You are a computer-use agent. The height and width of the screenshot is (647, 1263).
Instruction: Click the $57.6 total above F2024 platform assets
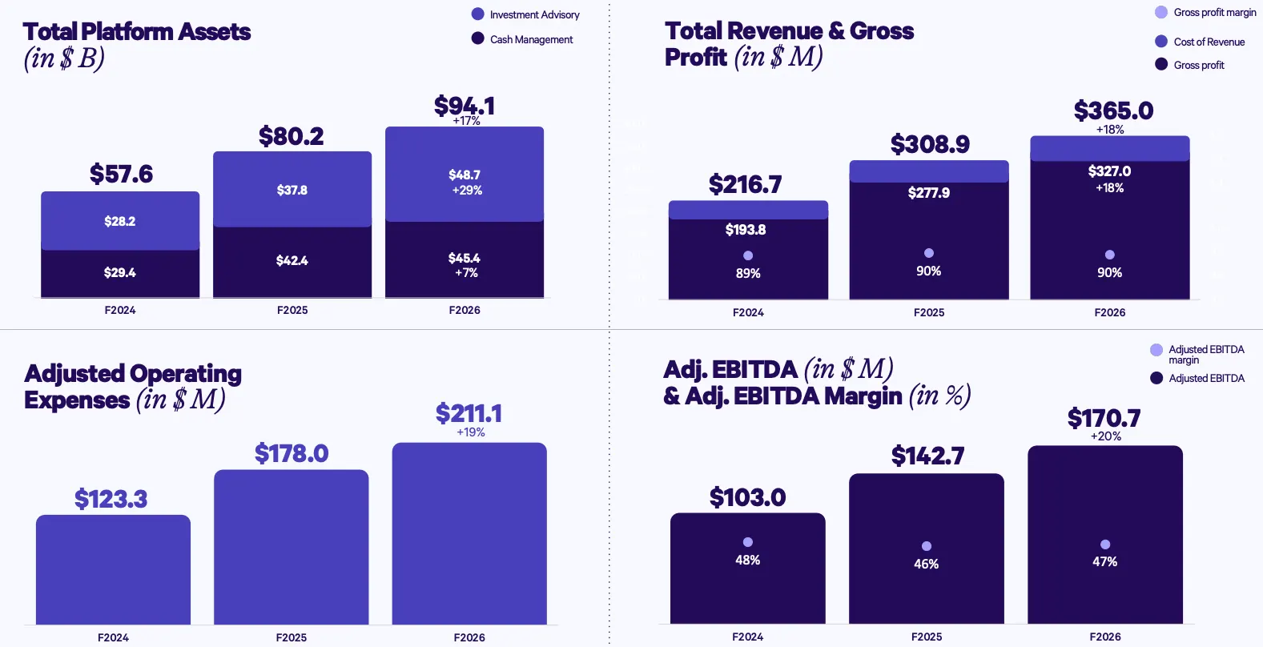121,174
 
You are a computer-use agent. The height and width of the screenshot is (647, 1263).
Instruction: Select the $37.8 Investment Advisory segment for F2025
292,190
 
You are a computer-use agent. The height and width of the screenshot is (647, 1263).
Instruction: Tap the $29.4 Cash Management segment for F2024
120,272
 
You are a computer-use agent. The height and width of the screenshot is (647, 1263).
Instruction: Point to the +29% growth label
467,191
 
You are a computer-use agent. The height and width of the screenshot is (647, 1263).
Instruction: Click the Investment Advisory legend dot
478,14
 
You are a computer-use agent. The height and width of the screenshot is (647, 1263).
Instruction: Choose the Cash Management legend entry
531,39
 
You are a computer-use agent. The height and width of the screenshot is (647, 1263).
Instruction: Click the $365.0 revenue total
1113,111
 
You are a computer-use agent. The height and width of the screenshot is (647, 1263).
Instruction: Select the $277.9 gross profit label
929,193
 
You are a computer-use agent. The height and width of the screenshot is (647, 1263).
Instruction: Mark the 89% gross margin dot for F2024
748,255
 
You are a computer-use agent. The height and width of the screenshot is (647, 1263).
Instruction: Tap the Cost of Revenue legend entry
1209,42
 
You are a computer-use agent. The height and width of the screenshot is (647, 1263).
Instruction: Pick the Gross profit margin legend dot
1161,12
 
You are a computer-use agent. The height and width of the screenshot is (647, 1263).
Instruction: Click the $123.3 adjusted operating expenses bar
113,569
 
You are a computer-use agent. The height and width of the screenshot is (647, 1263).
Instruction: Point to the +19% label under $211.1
471,432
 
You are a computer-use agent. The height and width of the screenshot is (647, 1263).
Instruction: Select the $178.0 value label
292,454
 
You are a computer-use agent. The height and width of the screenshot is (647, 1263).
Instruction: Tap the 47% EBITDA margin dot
1105,545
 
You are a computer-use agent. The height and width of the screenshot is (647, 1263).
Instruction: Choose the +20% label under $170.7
1106,436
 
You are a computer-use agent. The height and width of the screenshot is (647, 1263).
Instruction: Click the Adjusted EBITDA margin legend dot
1156,350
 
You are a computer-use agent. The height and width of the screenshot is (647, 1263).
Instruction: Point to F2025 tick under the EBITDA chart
927,637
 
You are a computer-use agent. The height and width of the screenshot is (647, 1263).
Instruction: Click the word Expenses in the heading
77,400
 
